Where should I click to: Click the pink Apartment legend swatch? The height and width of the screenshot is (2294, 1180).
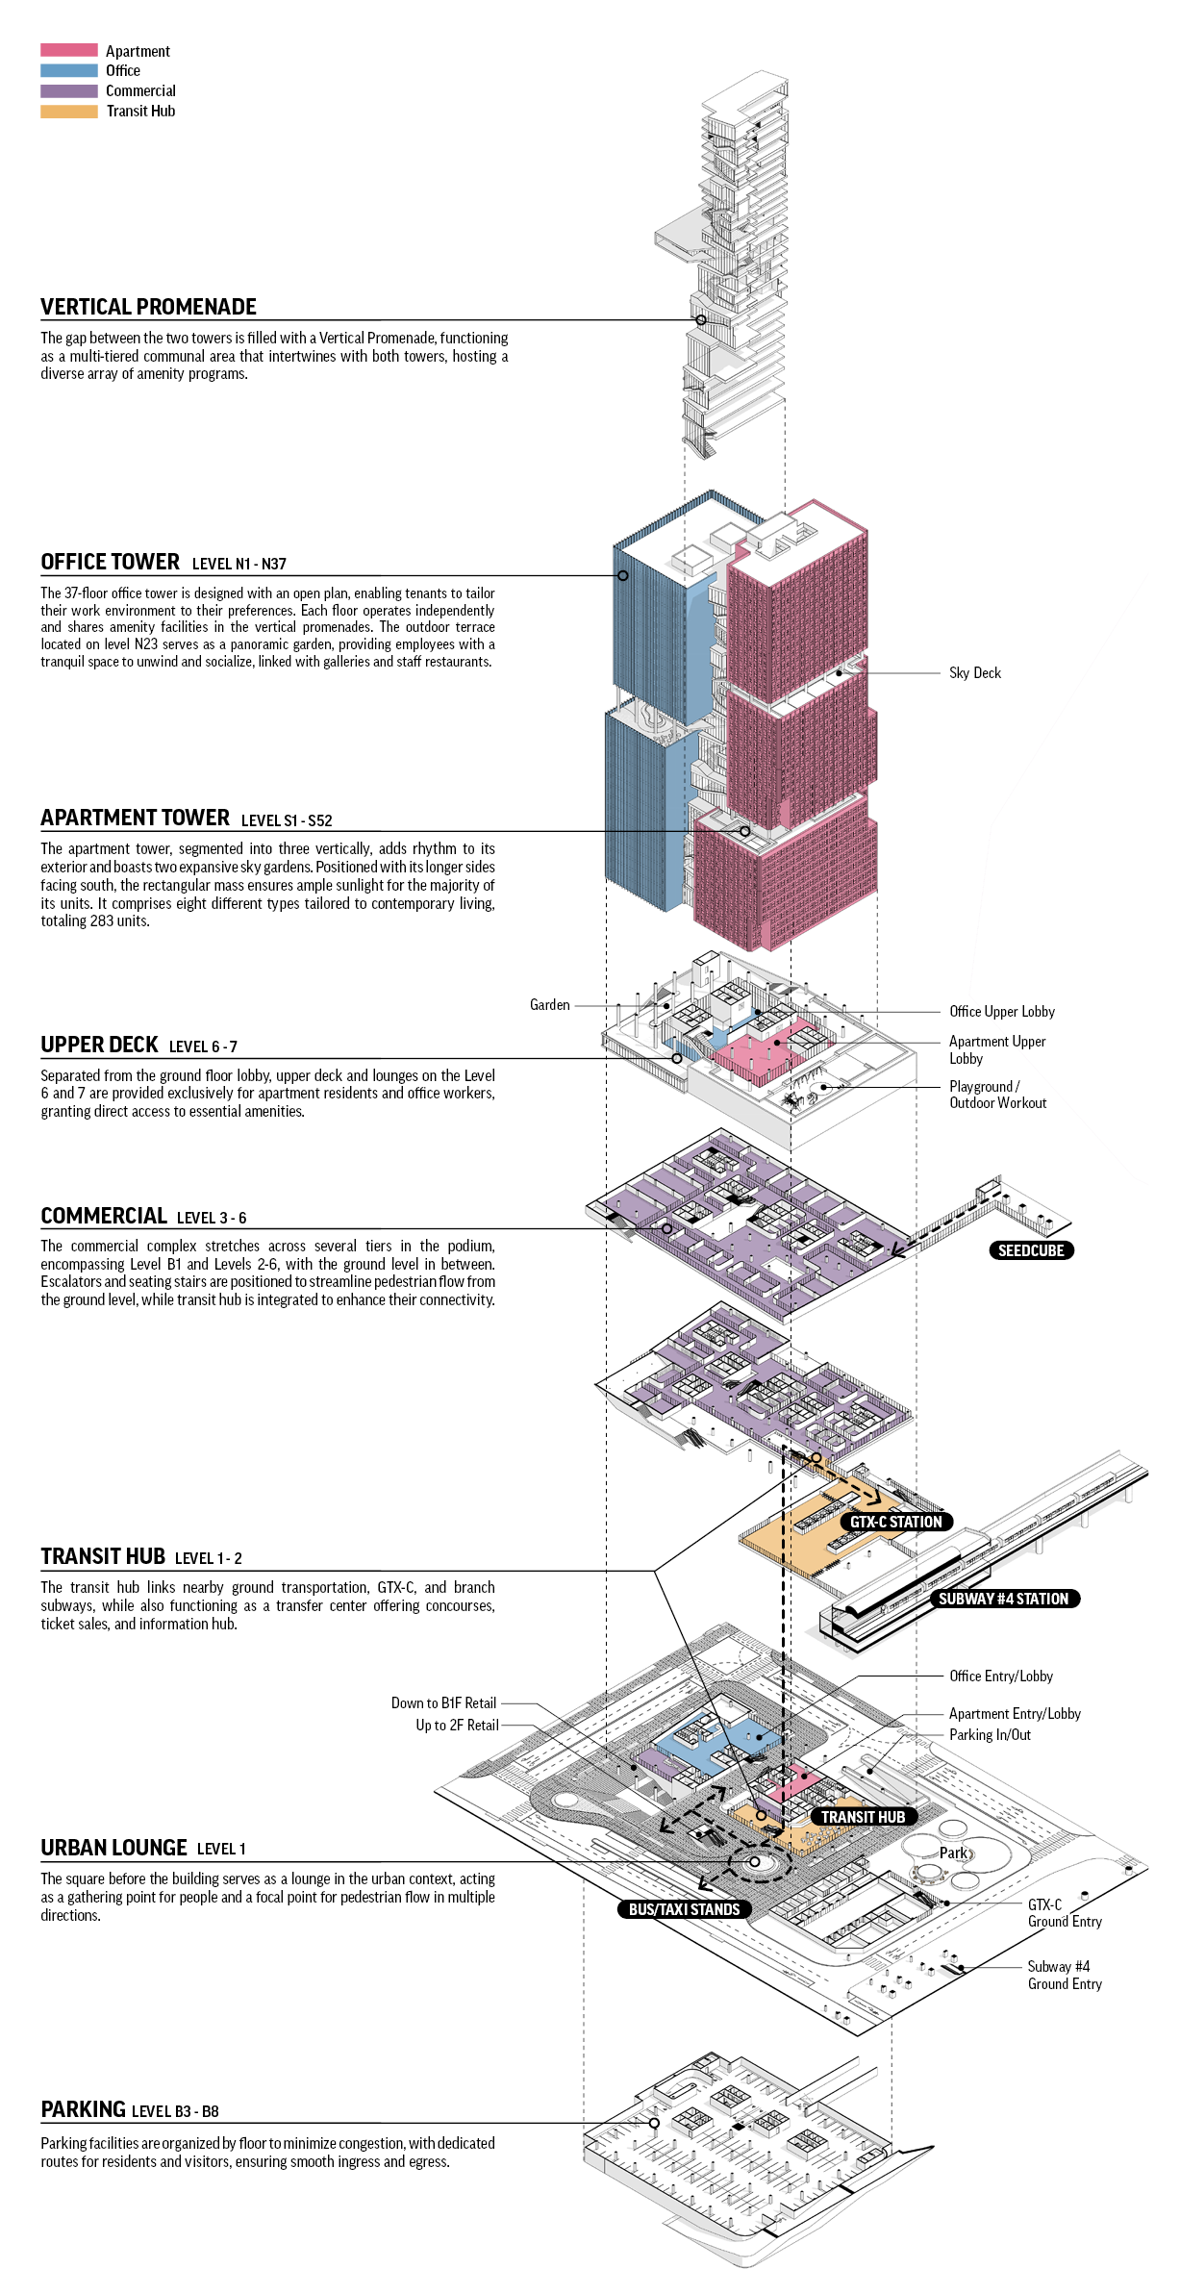tap(69, 50)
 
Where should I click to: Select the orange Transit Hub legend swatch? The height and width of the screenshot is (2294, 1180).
tap(69, 112)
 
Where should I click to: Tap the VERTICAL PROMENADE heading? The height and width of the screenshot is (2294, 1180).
tap(148, 307)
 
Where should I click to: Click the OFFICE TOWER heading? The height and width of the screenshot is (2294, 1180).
tap(110, 562)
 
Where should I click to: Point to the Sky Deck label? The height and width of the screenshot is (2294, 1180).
tap(974, 673)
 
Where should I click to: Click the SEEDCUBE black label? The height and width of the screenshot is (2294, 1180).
tap(1031, 1250)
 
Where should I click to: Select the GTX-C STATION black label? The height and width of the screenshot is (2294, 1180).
tap(895, 1522)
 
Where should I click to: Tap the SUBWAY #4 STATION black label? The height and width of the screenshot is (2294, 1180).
tap(1003, 1599)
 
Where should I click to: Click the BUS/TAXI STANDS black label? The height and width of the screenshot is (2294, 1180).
tap(684, 1909)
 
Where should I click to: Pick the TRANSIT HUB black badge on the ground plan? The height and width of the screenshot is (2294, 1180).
tap(863, 1817)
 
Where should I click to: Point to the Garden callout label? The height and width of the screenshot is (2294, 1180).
tap(549, 1005)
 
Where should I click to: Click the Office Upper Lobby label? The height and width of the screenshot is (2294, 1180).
tap(1001, 1012)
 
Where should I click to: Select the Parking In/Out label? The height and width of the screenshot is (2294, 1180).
tap(990, 1735)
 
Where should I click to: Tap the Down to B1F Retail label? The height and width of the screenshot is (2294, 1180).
tap(443, 1703)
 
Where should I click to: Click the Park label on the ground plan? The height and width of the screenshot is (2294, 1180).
tap(953, 1853)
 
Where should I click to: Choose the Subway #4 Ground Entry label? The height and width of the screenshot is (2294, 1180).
tap(1064, 1975)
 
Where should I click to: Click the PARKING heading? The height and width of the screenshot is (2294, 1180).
tap(83, 2109)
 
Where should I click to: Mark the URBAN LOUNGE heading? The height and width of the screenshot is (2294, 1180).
tap(113, 1848)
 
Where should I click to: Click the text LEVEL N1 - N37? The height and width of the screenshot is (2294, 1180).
tap(239, 565)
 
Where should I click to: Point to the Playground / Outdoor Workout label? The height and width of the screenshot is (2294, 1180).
tap(997, 1095)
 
